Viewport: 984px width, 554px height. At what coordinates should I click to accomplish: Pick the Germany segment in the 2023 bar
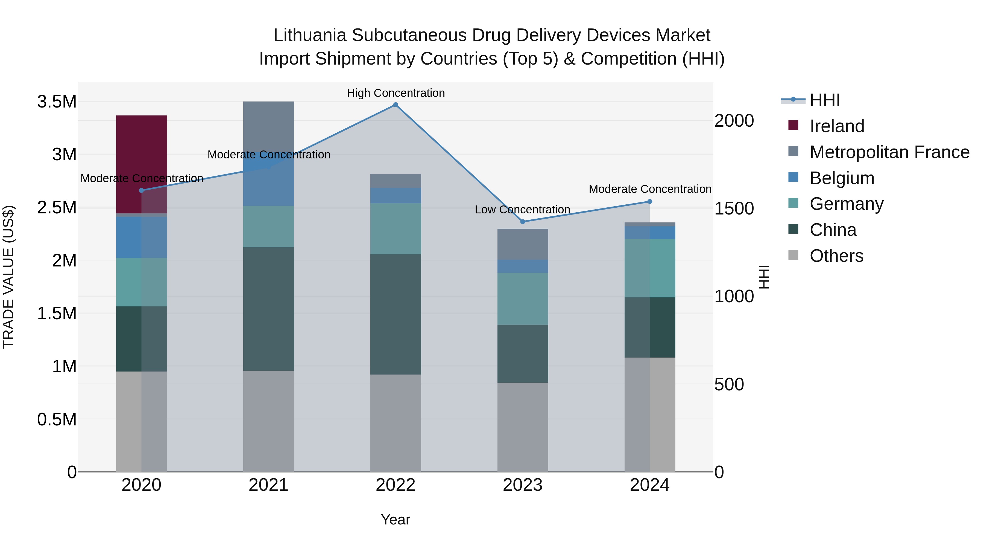pyautogui.click(x=523, y=298)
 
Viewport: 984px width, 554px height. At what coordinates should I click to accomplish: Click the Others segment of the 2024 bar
pyautogui.click(x=650, y=415)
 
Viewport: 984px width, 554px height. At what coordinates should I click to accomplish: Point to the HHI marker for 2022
pyautogui.click(x=396, y=105)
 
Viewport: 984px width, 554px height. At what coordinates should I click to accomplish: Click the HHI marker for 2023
pyautogui.click(x=523, y=222)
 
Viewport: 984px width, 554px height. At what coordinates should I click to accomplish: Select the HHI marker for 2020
pyautogui.click(x=141, y=190)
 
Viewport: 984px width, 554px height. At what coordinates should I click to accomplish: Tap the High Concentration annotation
pyautogui.click(x=396, y=93)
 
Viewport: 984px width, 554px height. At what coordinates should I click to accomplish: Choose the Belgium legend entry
pyautogui.click(x=842, y=178)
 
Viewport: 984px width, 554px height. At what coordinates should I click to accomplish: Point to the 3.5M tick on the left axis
pyautogui.click(x=57, y=102)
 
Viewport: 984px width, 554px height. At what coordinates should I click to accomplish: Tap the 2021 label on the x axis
pyautogui.click(x=268, y=485)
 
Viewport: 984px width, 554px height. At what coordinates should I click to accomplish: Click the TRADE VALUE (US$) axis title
pyautogui.click(x=8, y=277)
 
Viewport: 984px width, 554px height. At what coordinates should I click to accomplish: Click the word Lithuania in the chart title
pyautogui.click(x=310, y=35)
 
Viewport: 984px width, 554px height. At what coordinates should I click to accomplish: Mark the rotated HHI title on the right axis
pyautogui.click(x=764, y=277)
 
